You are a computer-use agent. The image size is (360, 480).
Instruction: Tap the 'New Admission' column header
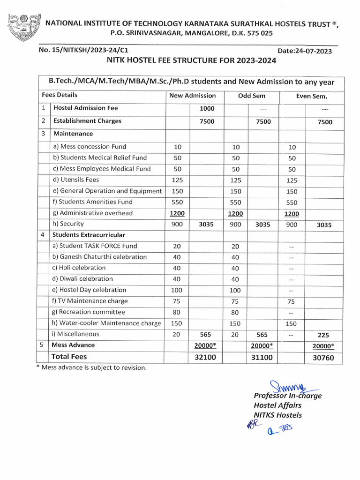click(x=192, y=96)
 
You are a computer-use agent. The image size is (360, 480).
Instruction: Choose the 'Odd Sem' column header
click(x=252, y=96)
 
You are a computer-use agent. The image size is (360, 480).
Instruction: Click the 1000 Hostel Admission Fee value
click(x=207, y=108)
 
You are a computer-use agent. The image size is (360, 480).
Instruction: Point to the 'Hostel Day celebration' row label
click(x=89, y=290)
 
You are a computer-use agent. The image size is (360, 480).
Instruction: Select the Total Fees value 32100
click(x=207, y=358)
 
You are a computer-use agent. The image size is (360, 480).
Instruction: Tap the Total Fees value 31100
click(x=262, y=358)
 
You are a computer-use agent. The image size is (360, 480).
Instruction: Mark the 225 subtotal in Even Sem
click(x=323, y=335)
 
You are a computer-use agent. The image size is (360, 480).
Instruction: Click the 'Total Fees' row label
click(x=69, y=357)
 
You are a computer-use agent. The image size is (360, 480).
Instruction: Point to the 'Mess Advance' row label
click(x=73, y=345)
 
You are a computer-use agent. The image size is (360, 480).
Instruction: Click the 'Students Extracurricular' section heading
click(x=89, y=235)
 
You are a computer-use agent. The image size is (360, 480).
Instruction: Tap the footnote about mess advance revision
click(x=91, y=367)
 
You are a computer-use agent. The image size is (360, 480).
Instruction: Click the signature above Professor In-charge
click(x=284, y=387)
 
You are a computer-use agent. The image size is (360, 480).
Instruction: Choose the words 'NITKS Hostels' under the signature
click(x=278, y=415)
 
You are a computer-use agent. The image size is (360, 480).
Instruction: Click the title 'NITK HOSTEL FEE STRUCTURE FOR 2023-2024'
click(x=191, y=61)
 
